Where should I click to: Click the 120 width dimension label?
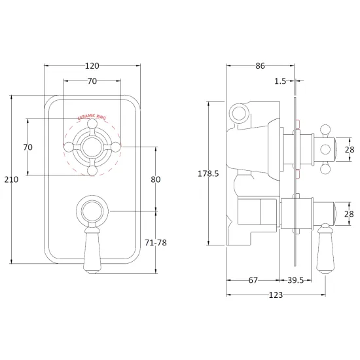[92, 66]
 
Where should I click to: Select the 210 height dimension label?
[11, 179]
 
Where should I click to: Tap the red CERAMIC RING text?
[92, 117]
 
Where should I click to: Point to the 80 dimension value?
[155, 179]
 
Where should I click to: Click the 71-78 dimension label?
[156, 243]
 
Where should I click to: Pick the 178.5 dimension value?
[208, 173]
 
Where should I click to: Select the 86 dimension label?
[260, 66]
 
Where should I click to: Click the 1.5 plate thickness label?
[280, 81]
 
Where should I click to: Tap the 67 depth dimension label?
[253, 280]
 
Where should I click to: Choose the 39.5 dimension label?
[296, 280]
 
